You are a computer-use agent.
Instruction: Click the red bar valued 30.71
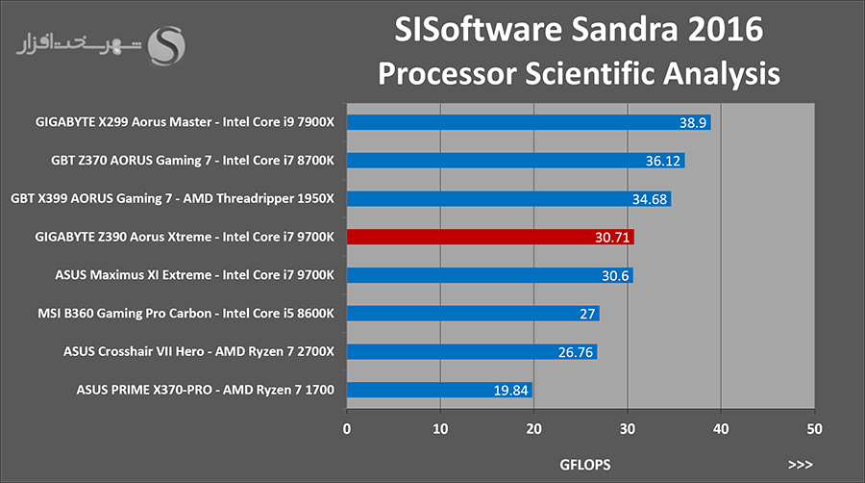tap(490, 237)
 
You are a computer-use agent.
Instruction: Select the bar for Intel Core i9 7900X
tap(529, 122)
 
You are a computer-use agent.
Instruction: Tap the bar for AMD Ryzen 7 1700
tap(439, 390)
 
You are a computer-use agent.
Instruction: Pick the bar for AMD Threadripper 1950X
tap(509, 199)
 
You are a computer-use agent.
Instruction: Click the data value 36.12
tap(663, 161)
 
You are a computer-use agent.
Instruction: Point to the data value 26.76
tap(576, 352)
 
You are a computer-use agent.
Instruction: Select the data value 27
tap(587, 314)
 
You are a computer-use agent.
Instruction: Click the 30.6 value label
tap(615, 275)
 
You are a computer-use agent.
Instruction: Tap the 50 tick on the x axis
tap(814, 429)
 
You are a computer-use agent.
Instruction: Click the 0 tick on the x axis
tap(346, 429)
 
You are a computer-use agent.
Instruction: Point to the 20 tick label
tap(533, 429)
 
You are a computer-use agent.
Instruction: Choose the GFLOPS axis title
tap(584, 465)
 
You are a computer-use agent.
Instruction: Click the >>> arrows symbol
tap(800, 465)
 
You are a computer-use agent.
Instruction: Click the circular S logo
tap(166, 46)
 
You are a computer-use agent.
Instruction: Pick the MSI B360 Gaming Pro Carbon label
tap(125, 314)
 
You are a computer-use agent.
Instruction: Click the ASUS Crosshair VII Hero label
tap(134, 351)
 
